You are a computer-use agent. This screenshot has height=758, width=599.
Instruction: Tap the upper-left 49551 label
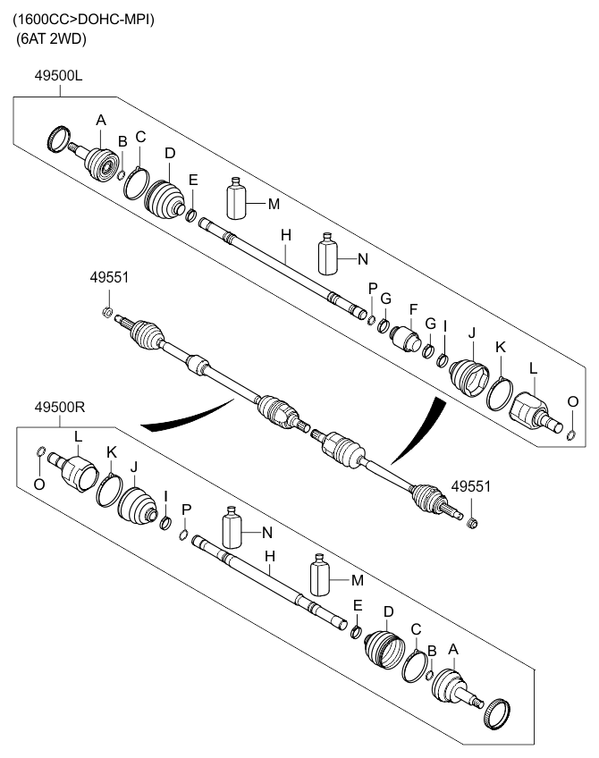pyautogui.click(x=109, y=277)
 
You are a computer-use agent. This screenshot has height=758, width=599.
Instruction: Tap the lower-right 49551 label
pyautogui.click(x=470, y=486)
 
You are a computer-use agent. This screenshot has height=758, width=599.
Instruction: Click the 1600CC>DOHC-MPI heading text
pyautogui.click(x=83, y=19)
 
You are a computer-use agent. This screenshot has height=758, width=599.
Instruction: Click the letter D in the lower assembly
pyautogui.click(x=388, y=611)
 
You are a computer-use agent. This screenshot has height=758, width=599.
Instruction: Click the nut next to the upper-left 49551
pyautogui.click(x=106, y=312)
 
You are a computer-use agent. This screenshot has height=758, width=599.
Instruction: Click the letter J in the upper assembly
pyautogui.click(x=470, y=334)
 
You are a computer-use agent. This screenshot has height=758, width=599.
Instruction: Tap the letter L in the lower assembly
pyautogui.click(x=79, y=436)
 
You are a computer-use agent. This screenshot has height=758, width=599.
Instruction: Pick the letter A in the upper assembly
pyautogui.click(x=101, y=119)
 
